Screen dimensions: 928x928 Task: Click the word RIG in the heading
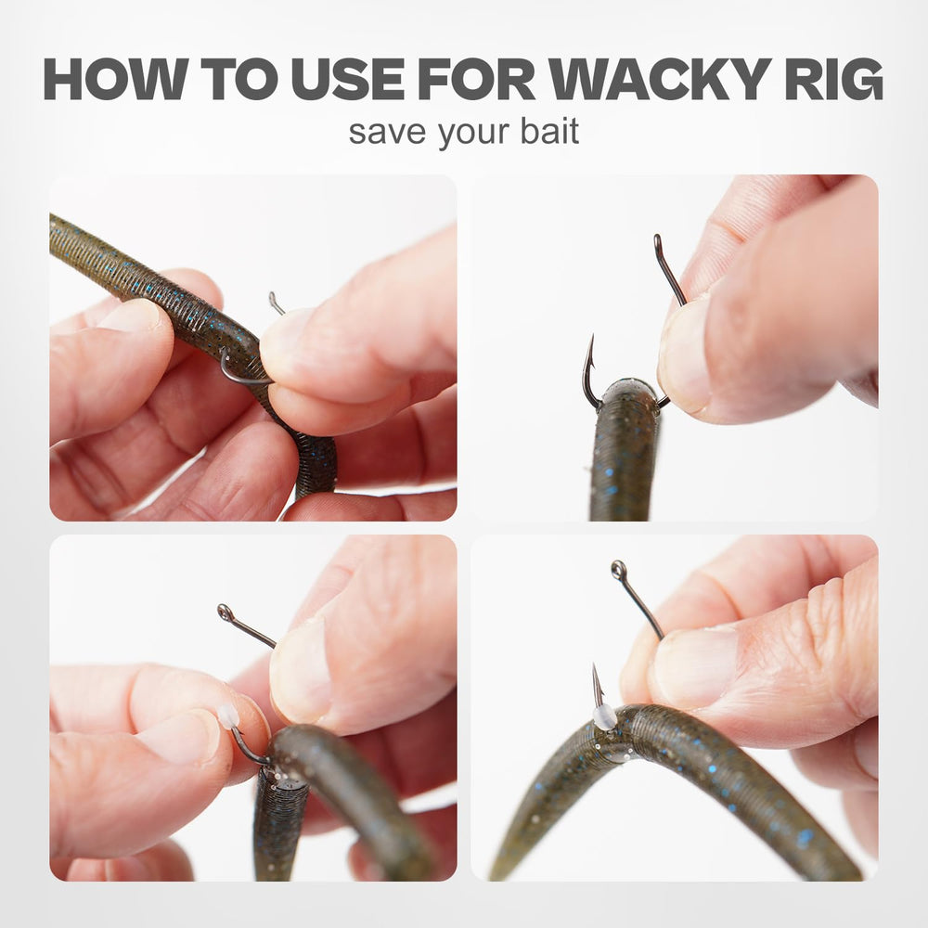click(834, 79)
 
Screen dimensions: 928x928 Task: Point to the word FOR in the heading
click(476, 79)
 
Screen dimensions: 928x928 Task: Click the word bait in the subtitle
click(549, 132)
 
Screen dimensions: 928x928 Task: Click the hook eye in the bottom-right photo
click(618, 570)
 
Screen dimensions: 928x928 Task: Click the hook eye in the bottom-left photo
click(226, 612)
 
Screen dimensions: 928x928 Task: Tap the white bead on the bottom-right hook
click(604, 716)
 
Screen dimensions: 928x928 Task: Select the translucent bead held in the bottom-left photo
click(228, 716)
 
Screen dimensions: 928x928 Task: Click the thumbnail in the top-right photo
click(685, 355)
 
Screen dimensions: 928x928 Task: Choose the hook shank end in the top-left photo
click(274, 300)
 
